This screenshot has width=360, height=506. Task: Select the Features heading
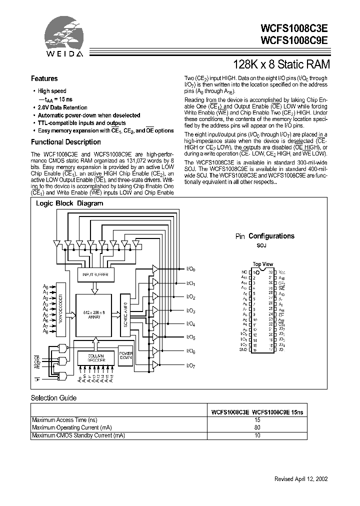44,78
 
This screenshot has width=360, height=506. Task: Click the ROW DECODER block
60,309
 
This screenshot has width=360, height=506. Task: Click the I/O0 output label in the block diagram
190,269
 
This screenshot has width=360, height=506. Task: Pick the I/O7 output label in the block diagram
190,366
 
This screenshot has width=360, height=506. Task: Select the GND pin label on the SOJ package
243,350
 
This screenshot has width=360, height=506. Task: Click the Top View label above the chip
262,264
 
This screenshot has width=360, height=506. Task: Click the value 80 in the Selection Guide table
257,428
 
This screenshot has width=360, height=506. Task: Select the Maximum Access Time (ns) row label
64,420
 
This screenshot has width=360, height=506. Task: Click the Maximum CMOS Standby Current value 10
257,435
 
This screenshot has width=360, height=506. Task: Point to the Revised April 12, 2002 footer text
301,478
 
